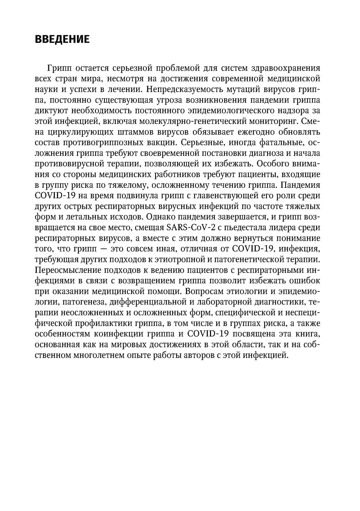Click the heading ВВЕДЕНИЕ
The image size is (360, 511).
pyautogui.click(x=62, y=39)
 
